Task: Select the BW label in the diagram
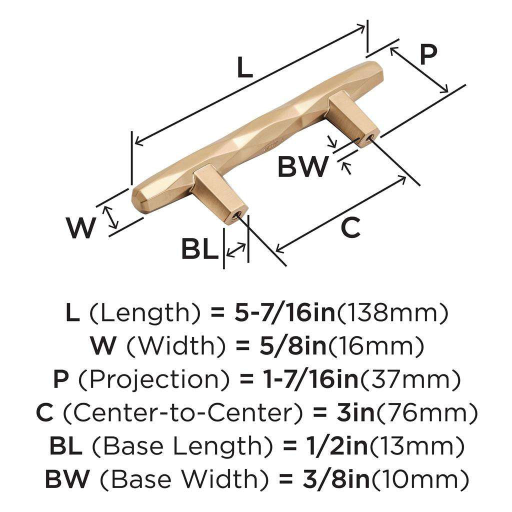(303, 167)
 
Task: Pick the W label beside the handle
(81, 228)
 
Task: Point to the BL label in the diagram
(199, 248)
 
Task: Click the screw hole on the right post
(370, 137)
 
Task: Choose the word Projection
(155, 380)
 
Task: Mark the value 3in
(350, 413)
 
